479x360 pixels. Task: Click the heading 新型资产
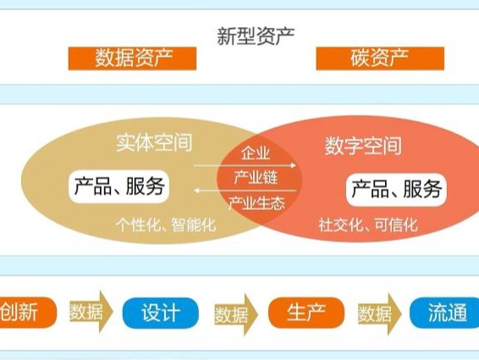click(x=256, y=36)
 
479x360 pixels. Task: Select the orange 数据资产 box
click(x=132, y=58)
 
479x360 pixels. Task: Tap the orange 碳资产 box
click(x=380, y=58)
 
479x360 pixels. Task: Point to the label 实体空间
click(x=154, y=142)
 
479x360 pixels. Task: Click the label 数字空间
click(x=363, y=146)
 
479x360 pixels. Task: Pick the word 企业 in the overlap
click(x=256, y=153)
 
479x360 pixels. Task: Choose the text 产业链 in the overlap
click(x=256, y=177)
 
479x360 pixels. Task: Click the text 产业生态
click(x=257, y=202)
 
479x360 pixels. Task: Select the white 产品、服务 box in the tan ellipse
click(x=119, y=186)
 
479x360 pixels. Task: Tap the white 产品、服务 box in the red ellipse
click(x=396, y=190)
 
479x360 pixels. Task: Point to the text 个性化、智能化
click(x=166, y=224)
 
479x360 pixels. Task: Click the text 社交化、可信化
click(x=368, y=224)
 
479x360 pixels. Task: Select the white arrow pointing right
click(x=245, y=165)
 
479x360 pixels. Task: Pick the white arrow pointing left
click(x=245, y=191)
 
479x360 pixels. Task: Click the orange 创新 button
click(x=26, y=313)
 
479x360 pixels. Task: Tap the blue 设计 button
click(x=161, y=313)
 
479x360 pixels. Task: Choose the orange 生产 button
click(x=306, y=313)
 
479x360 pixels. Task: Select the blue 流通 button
click(x=445, y=313)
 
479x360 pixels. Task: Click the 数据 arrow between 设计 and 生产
click(x=236, y=315)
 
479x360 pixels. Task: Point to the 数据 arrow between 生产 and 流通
click(x=379, y=314)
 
